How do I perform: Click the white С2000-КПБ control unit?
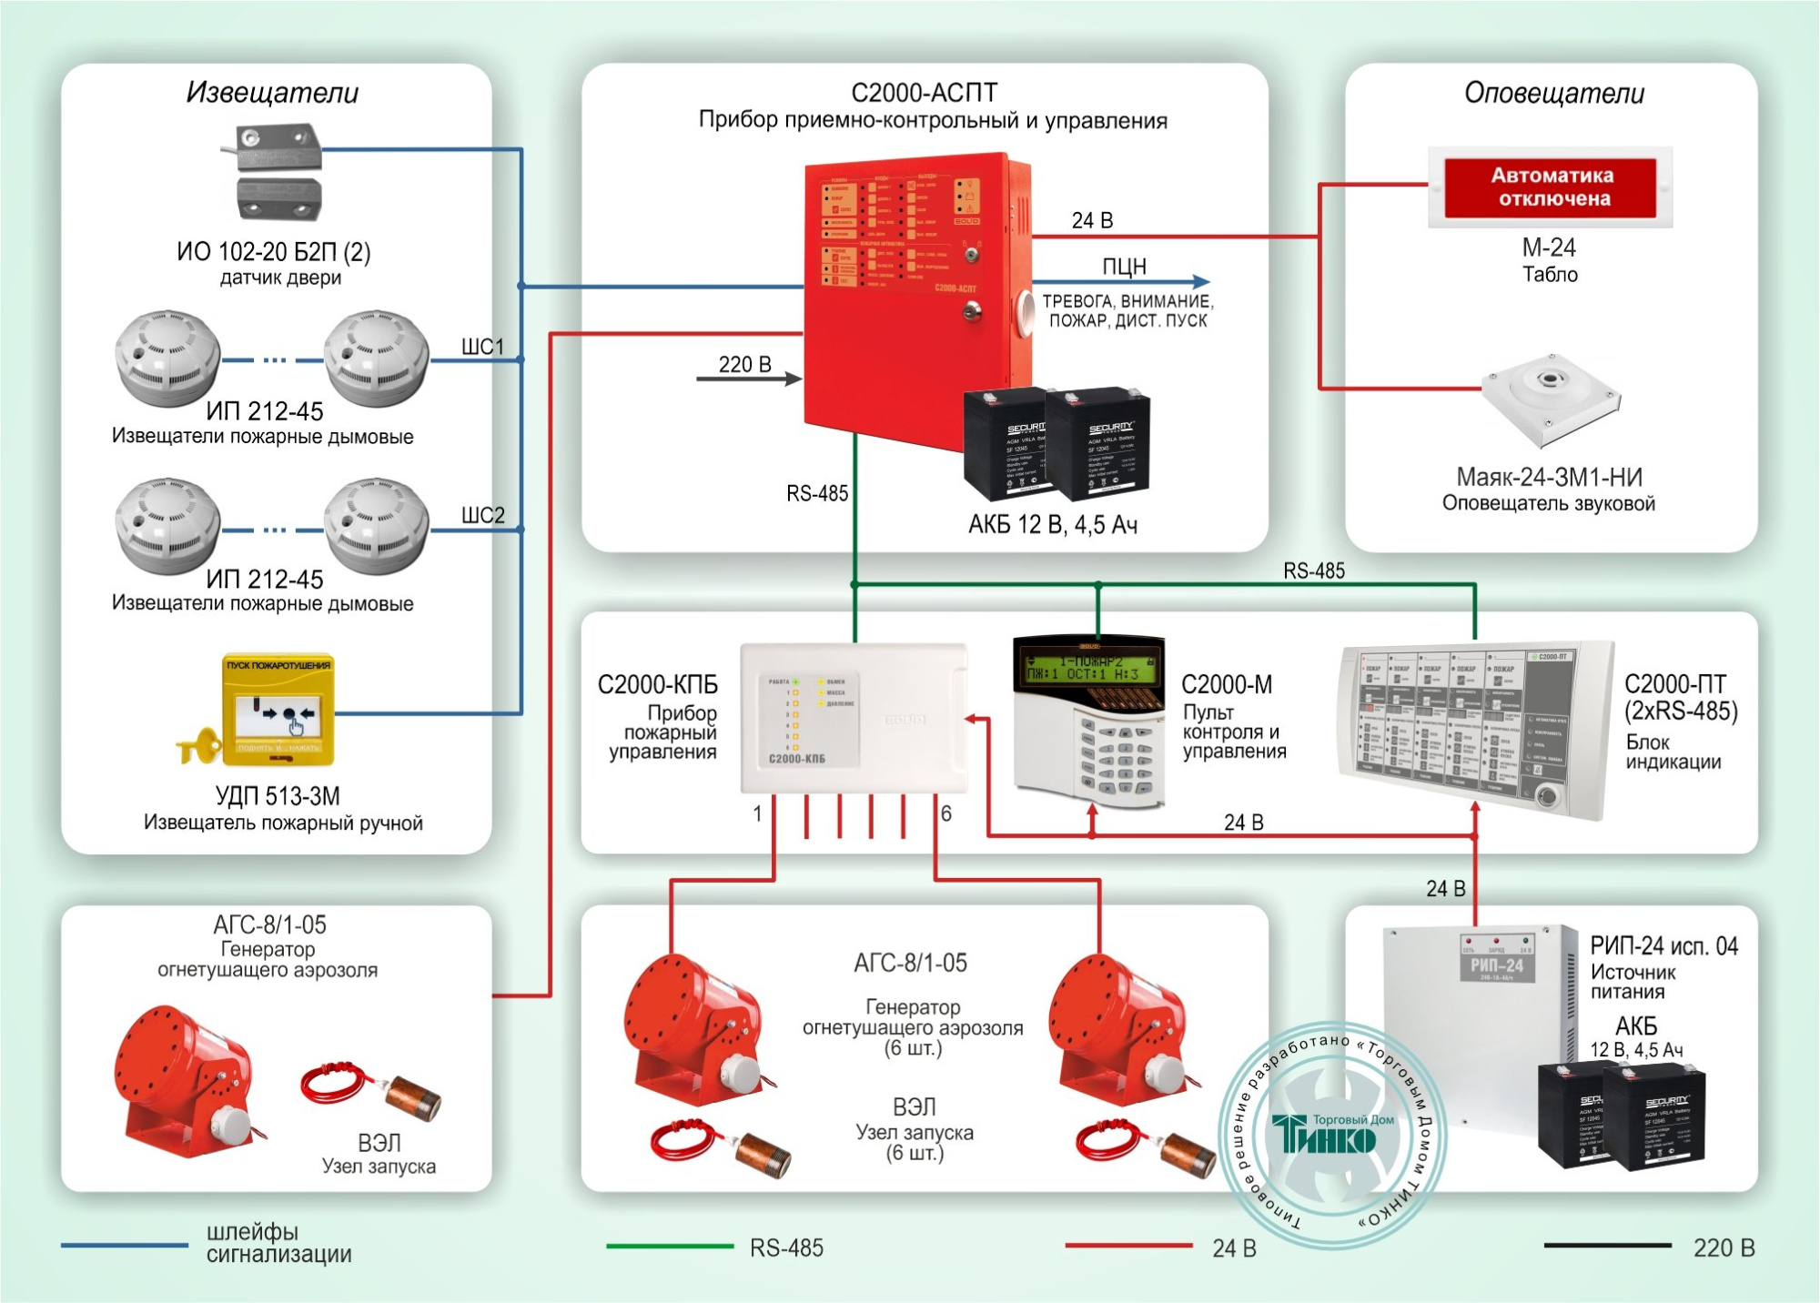[853, 718]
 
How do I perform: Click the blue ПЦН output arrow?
[1123, 282]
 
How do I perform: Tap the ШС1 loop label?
[482, 347]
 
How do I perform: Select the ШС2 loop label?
[482, 515]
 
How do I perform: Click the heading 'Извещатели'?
[272, 93]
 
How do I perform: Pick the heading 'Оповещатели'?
[1553, 93]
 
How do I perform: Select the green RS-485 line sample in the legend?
[670, 1246]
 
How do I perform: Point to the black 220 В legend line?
[1607, 1245]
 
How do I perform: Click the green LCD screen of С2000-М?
[1089, 668]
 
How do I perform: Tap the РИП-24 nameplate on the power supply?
[1496, 966]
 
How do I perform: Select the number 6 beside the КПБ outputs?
[946, 813]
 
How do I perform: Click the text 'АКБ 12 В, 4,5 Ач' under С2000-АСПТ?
[1052, 525]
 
